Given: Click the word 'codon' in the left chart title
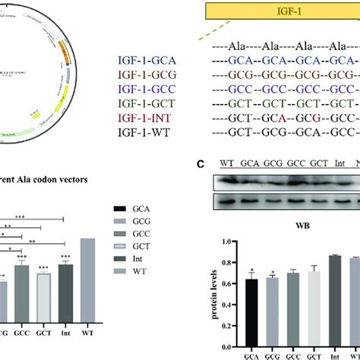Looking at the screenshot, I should (55, 181).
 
